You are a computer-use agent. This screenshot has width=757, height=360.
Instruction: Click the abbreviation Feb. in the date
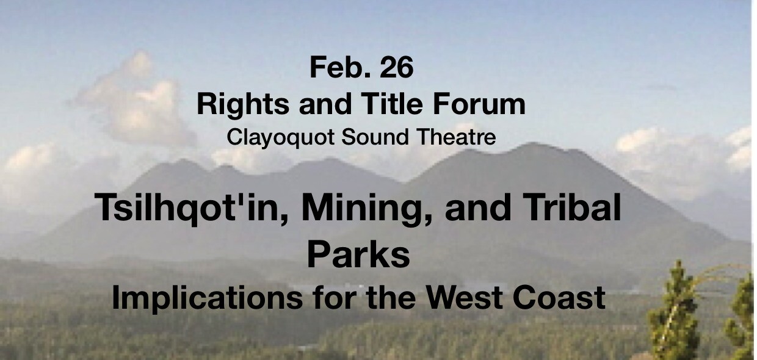click(x=339, y=68)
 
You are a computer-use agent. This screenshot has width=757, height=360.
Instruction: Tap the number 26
click(x=396, y=68)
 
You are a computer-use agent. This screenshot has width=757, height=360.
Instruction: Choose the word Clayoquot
click(x=280, y=138)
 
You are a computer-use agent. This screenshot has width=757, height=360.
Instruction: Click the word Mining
click(x=367, y=209)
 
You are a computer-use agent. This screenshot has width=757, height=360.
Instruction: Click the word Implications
click(x=207, y=298)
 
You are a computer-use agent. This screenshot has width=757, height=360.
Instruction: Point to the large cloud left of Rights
click(x=135, y=101)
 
